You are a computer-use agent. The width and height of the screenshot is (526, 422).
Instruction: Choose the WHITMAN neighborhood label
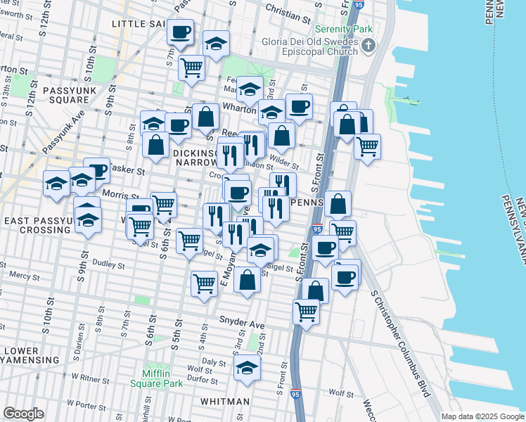[x=224, y=401]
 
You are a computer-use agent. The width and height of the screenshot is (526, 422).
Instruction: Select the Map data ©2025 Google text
[x=482, y=416]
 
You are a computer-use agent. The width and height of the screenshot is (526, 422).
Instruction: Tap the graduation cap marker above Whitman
[x=247, y=367]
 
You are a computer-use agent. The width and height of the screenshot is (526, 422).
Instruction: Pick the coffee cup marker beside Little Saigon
[x=181, y=32]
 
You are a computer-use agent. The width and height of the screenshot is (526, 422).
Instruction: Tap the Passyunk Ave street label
[x=64, y=131]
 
